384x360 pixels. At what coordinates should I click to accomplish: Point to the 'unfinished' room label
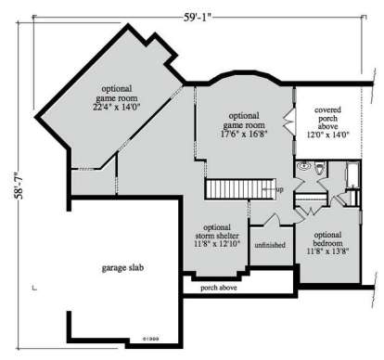pos(270,246)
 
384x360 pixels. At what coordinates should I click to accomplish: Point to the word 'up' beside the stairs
pos(280,189)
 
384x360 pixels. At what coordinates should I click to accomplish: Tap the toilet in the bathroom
pos(318,170)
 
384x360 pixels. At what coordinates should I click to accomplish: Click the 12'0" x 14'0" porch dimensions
pos(334,132)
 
